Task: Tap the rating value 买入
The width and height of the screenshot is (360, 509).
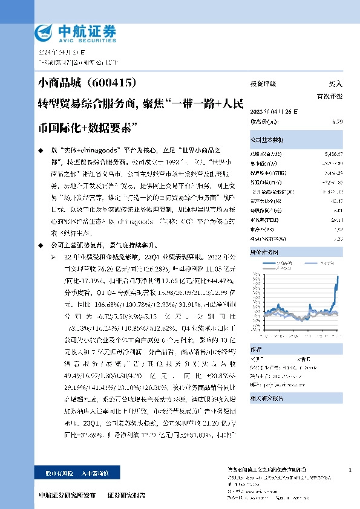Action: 335,85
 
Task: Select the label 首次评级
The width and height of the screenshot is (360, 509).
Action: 329,96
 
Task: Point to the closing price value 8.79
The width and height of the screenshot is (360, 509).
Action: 338,122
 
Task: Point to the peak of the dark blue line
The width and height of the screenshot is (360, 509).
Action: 337,276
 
